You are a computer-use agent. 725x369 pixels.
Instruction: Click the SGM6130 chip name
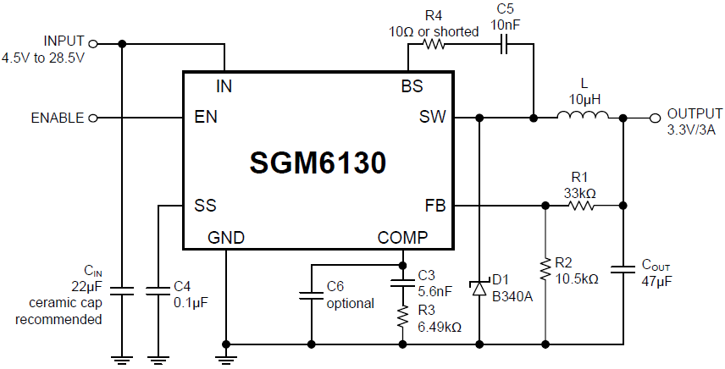tap(318, 162)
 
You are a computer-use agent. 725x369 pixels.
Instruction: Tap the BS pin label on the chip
tap(412, 86)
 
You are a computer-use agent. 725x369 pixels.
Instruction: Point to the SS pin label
tap(205, 205)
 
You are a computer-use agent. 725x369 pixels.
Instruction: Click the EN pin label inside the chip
tap(206, 118)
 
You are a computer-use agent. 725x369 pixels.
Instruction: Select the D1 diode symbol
tap(479, 289)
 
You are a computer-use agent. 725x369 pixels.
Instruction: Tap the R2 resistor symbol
tap(544, 270)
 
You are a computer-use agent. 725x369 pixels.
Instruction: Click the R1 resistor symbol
tap(580, 205)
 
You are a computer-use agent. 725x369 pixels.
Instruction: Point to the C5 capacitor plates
tap(503, 44)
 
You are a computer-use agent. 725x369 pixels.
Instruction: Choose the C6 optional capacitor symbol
tap(311, 295)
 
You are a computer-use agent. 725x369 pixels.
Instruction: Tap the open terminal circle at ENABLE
tap(93, 118)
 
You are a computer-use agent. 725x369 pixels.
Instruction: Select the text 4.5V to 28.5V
tap(43, 58)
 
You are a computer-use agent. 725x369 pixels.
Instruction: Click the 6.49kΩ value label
tap(439, 327)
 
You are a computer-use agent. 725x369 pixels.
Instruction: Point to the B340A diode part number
tap(512, 295)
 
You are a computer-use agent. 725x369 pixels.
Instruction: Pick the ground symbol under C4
tap(158, 358)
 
